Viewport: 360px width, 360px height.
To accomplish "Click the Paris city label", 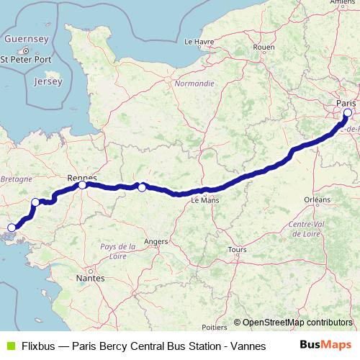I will point(346,103).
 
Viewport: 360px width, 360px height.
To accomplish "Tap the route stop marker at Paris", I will point(348,112).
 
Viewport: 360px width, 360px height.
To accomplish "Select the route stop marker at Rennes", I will point(83,185).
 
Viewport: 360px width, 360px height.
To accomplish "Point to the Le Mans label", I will point(204,202).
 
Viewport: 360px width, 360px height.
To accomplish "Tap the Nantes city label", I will point(90,277).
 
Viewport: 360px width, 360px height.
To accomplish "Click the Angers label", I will point(156,242).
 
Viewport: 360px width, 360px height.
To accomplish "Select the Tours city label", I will point(237,250).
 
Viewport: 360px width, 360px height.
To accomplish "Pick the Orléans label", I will point(317,199).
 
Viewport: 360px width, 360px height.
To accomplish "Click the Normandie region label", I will point(194,84).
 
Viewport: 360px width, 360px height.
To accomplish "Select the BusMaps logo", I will point(325,345).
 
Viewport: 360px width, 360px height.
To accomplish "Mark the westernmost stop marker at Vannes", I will point(11,228).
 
